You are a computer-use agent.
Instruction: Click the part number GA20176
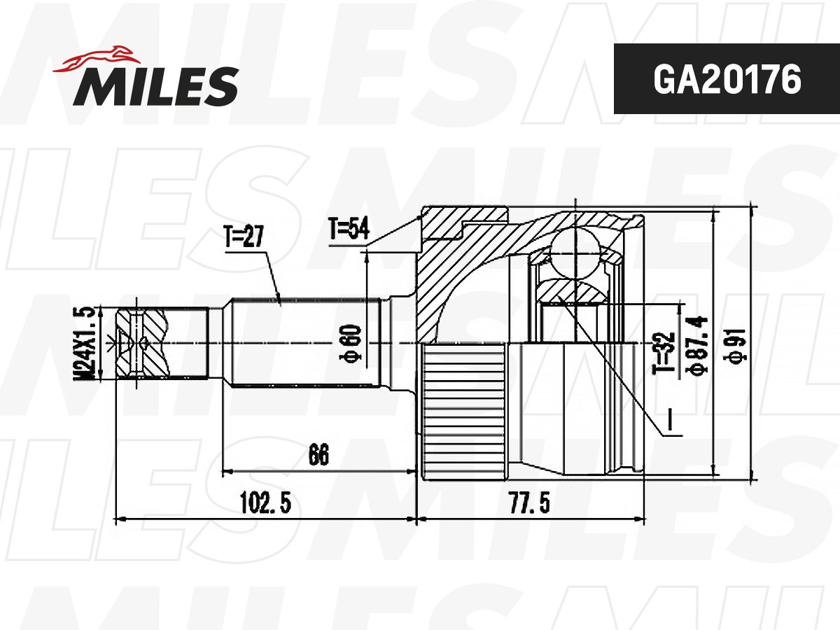point(727,80)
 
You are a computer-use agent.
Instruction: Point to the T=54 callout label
point(349,229)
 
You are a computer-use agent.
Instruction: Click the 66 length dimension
point(318,455)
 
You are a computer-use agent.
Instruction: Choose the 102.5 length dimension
point(265,502)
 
